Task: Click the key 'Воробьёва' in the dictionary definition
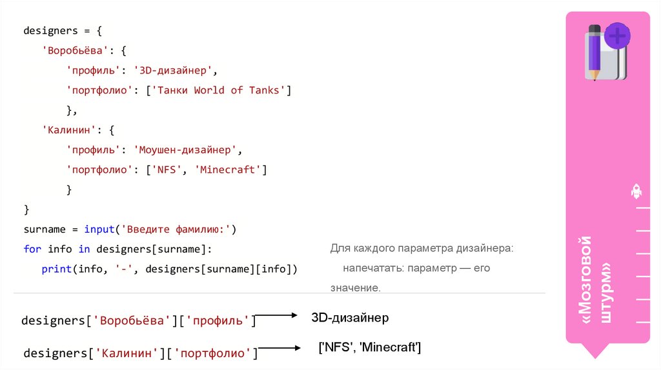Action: (x=70, y=50)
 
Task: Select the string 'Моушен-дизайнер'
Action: (x=185, y=150)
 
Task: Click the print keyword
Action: (x=56, y=269)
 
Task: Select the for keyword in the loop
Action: (x=32, y=249)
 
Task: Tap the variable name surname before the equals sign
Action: (x=45, y=229)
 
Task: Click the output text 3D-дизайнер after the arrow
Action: (x=350, y=318)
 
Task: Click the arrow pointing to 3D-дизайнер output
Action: (x=276, y=316)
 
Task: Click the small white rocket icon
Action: (x=635, y=191)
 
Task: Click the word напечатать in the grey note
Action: (x=368, y=268)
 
